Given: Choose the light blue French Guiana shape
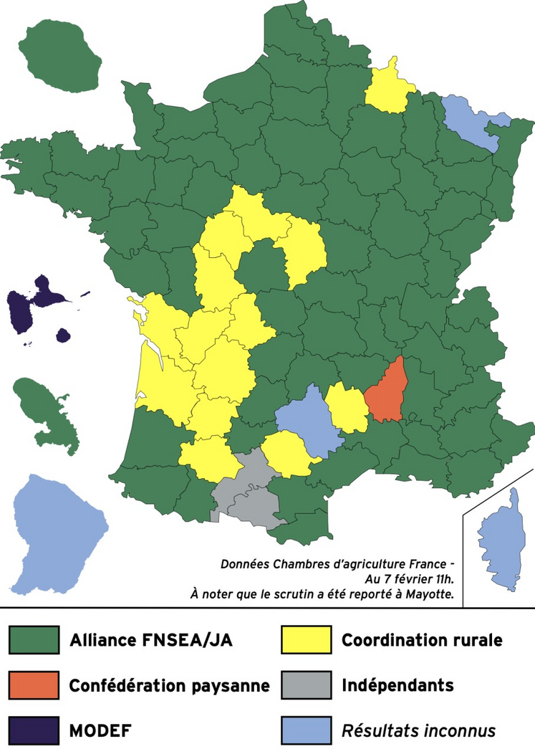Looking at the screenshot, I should [x=50, y=530].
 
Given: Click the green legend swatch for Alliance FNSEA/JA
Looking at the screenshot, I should [x=34, y=639].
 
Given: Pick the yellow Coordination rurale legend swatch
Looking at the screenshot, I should [x=306, y=639].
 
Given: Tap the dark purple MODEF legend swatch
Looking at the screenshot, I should [x=34, y=730].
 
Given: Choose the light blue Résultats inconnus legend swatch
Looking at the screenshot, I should [x=306, y=730].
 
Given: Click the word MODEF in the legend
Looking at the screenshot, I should [x=100, y=731].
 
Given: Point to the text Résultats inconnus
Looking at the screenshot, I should [x=419, y=731].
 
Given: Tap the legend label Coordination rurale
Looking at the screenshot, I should [x=422, y=639].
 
